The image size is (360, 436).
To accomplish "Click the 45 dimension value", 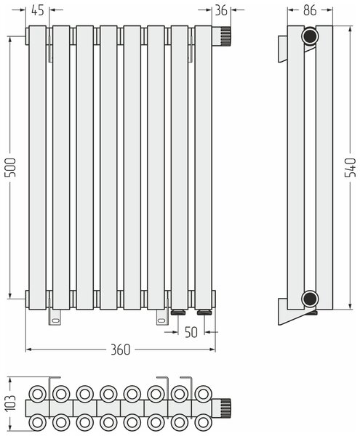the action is [x=38, y=11].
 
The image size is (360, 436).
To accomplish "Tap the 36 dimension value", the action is [x=221, y=11].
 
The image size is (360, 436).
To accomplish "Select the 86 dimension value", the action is [x=310, y=11].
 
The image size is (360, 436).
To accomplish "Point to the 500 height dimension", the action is [x=11, y=167].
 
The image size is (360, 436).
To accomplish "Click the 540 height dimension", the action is [x=351, y=167].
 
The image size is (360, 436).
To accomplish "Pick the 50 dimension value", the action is [x=191, y=332].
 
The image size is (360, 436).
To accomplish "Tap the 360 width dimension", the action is [x=121, y=350].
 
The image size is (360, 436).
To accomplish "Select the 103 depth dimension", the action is [x=11, y=403].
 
